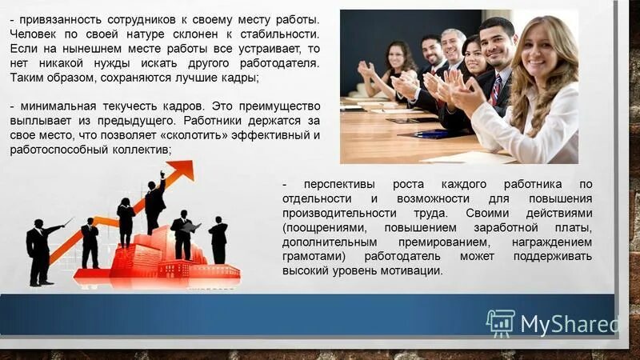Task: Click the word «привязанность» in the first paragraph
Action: [57, 18]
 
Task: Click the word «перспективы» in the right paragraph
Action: [333, 185]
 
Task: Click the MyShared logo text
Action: [569, 324]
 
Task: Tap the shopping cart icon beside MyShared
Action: [500, 323]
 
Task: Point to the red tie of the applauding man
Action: [496, 89]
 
